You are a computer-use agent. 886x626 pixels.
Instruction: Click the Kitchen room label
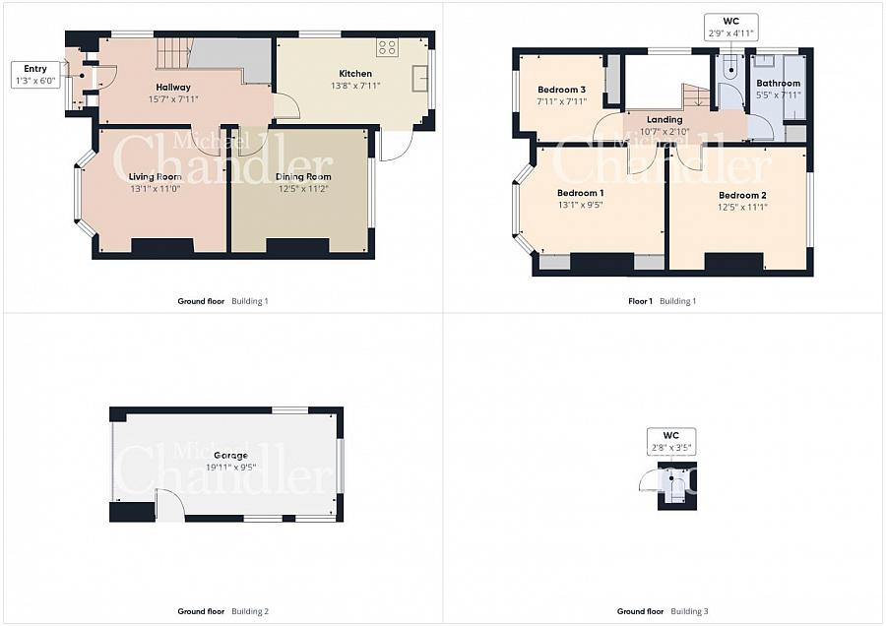point(355,74)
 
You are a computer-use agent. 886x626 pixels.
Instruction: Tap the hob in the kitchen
point(387,47)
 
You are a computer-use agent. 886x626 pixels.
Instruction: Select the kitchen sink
point(419,78)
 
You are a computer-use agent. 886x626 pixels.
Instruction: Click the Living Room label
point(155,177)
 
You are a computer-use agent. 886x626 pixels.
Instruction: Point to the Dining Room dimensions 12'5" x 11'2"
point(303,189)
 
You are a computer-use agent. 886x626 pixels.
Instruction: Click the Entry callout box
point(35,75)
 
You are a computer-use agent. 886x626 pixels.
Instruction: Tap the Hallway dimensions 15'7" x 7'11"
point(173,99)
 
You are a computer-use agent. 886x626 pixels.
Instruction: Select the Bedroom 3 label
point(561,90)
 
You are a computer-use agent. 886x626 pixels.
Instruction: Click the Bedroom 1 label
point(580,193)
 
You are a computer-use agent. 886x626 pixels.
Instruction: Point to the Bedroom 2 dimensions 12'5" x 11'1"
point(742,208)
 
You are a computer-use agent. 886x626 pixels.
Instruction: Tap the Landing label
point(664,120)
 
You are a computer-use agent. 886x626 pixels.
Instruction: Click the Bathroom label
point(778,83)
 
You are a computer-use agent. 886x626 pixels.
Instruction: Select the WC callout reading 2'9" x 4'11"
point(730,28)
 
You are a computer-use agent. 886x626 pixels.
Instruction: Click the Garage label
point(230,456)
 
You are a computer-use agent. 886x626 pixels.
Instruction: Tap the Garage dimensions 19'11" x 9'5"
point(230,468)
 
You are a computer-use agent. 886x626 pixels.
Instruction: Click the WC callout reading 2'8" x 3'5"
point(670,442)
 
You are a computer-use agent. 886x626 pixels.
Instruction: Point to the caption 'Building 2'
point(250,611)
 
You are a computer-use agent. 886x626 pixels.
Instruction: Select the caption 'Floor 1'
point(640,301)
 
